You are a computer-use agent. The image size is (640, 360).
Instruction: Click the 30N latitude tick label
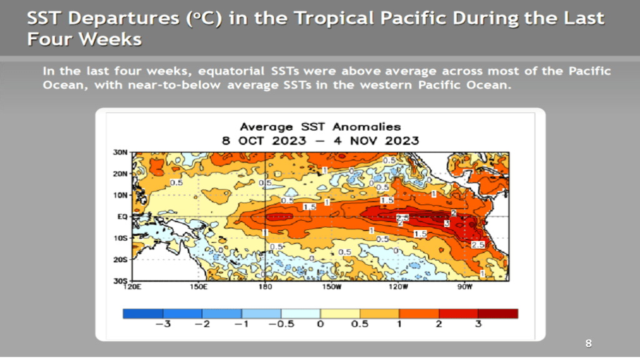[x=121, y=152]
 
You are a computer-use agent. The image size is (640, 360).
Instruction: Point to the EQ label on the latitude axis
[x=122, y=216]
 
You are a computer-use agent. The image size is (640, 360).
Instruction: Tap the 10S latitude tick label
[x=121, y=238]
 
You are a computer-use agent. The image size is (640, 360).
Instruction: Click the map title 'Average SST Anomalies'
[x=320, y=127]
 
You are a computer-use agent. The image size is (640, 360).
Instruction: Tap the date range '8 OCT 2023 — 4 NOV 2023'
[x=320, y=141]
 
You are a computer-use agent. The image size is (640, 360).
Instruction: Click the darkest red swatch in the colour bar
[x=498, y=313]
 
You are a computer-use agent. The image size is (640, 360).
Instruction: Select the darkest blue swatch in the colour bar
[x=143, y=313]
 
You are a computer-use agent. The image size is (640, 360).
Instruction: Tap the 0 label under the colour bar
[x=320, y=324]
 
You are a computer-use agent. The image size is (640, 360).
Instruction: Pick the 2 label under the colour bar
[x=439, y=324]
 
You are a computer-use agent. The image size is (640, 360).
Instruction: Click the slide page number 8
[x=588, y=343]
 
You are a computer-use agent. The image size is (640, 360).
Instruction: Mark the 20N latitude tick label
[x=121, y=174]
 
